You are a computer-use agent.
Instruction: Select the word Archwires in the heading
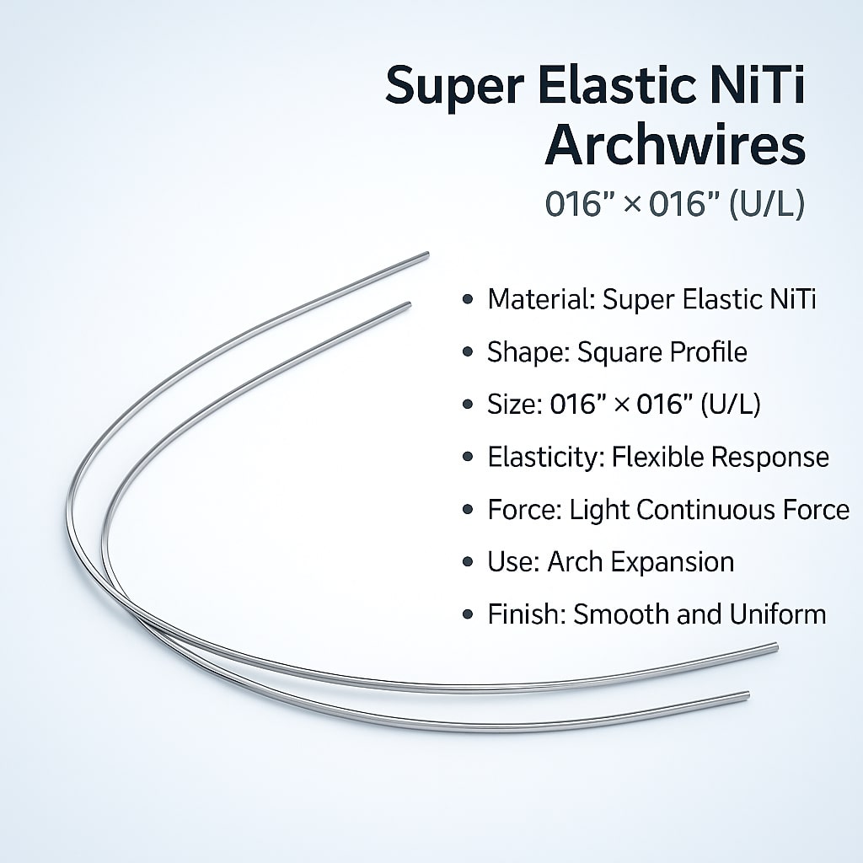[675, 147]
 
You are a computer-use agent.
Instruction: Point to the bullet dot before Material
[469, 300]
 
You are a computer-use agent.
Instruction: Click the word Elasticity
[544, 457]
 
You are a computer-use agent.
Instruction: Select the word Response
[770, 457]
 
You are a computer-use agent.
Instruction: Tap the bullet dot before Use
[469, 562]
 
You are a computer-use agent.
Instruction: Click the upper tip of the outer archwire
[426, 254]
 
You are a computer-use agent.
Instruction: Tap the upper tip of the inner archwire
[408, 304]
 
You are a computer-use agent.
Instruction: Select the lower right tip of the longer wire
[775, 647]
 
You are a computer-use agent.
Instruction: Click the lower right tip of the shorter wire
[747, 695]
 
